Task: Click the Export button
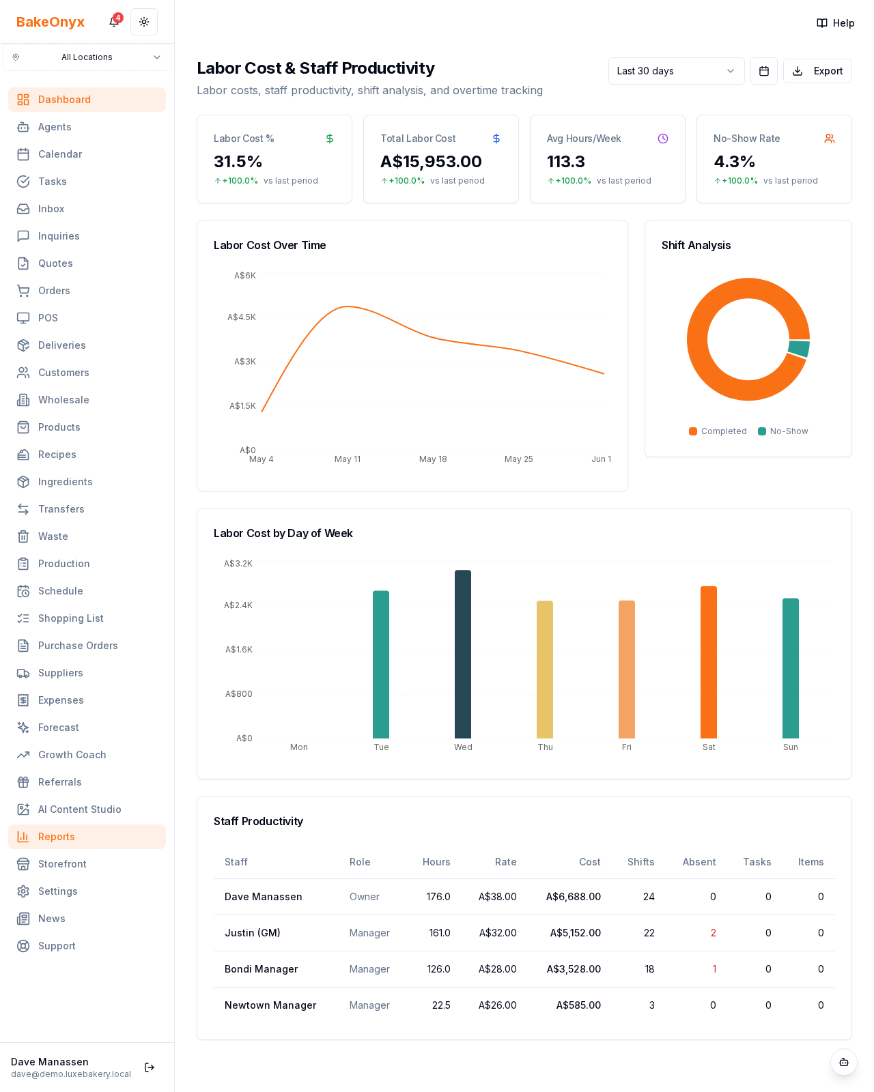tap(817, 71)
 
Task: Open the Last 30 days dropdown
tap(676, 71)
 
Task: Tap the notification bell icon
tap(114, 22)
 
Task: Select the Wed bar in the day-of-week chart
tap(463, 654)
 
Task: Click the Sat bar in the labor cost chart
tap(709, 662)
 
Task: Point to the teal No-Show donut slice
tap(799, 349)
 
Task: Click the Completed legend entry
tap(718, 431)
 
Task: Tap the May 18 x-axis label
tap(433, 459)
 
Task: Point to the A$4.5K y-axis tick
tap(242, 317)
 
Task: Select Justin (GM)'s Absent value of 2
tap(713, 933)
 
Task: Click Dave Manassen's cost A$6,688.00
tap(574, 897)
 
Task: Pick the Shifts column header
tap(641, 861)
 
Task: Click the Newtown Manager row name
tap(270, 1005)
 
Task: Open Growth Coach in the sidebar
tap(72, 755)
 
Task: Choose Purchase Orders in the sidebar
tap(78, 646)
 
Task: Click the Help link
tap(835, 23)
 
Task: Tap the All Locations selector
tap(87, 57)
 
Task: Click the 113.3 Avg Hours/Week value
tap(566, 162)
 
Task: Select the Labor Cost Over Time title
tap(270, 245)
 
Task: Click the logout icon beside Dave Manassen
tap(150, 1067)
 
